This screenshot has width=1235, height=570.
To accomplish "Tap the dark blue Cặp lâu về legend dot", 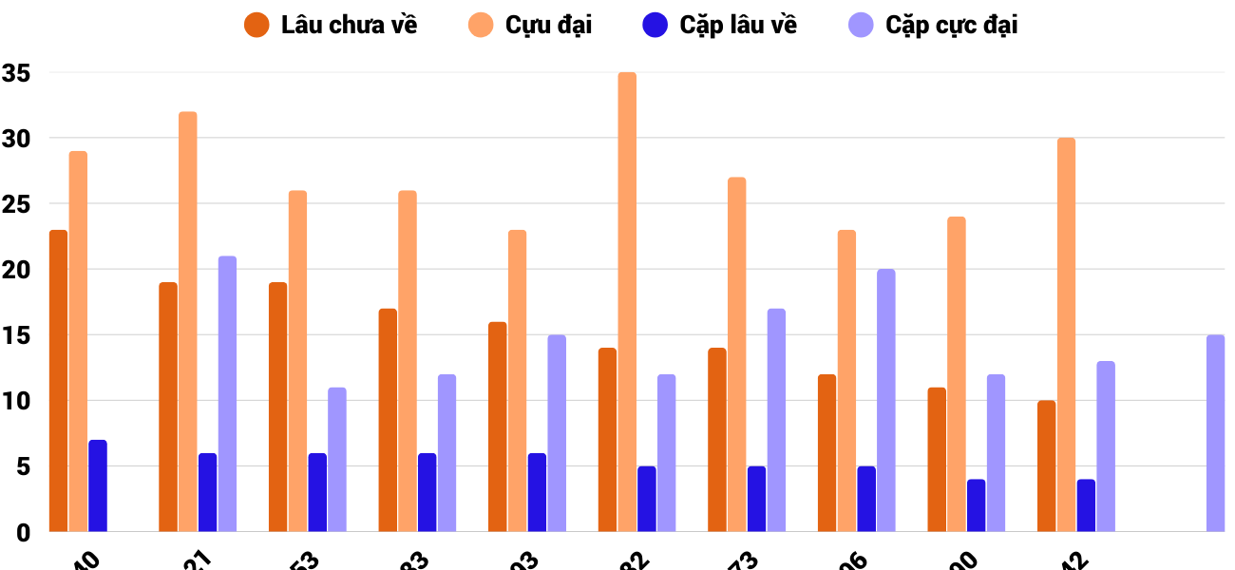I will pos(655,26).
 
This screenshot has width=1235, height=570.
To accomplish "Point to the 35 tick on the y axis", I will pos(16,73).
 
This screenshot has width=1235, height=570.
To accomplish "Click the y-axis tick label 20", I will pos(16,270).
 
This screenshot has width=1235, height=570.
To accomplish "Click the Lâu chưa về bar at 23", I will pos(58,380).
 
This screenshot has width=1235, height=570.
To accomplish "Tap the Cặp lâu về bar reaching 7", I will pos(98,485).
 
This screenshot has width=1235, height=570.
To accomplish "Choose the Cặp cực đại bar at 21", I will pos(227,393).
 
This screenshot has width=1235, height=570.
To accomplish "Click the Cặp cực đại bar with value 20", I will pos(886,400).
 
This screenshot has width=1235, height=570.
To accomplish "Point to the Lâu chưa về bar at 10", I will pos(1047,465).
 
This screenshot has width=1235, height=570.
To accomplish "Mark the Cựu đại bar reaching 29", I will pos(78,341).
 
